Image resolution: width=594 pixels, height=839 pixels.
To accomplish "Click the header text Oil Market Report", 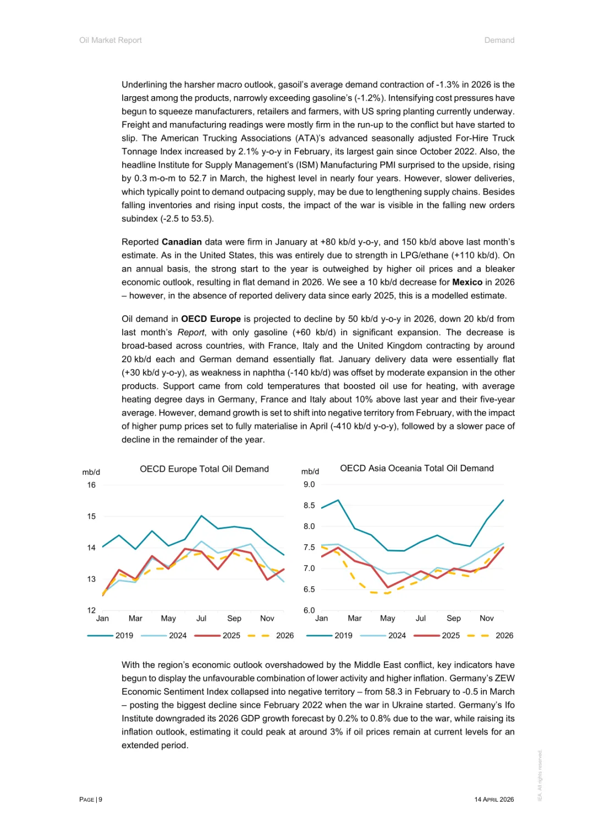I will pyautogui.click(x=111, y=40).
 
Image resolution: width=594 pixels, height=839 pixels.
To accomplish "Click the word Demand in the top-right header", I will pyautogui.click(x=499, y=40).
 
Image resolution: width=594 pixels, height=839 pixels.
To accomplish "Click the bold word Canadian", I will pyautogui.click(x=182, y=242).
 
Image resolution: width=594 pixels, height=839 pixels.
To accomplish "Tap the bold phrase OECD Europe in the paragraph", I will pyautogui.click(x=211, y=319).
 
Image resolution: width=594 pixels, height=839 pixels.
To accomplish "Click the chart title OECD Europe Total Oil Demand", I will pyautogui.click(x=204, y=469).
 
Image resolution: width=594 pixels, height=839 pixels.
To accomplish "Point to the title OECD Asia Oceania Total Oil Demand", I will pyautogui.click(x=416, y=468).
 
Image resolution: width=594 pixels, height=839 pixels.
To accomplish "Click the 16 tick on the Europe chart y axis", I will pyautogui.click(x=91, y=485).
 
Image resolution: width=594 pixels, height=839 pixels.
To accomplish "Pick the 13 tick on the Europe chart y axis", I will pyautogui.click(x=91, y=579).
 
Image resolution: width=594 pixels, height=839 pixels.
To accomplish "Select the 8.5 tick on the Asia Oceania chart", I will pyautogui.click(x=309, y=505).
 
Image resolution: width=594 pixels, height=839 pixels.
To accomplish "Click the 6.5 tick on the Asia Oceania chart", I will pyautogui.click(x=309, y=590).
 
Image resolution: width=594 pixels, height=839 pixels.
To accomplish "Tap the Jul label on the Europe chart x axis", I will pyautogui.click(x=201, y=618).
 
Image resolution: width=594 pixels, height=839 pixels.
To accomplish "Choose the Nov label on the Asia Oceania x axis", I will pyautogui.click(x=487, y=618).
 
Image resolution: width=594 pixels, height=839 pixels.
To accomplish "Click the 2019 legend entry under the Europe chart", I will pyautogui.click(x=124, y=636).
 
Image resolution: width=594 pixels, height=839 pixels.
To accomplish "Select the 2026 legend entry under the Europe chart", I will pyautogui.click(x=284, y=636).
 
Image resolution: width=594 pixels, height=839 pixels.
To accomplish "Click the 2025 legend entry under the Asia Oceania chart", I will pyautogui.click(x=450, y=636).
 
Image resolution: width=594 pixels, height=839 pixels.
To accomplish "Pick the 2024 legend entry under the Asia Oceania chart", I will pyautogui.click(x=397, y=636).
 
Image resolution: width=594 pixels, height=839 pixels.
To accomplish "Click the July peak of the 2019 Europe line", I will pyautogui.click(x=201, y=516).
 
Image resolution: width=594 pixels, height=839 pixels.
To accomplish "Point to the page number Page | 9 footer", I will pyautogui.click(x=91, y=799).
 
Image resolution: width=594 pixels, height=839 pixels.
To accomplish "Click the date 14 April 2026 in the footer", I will pyautogui.click(x=494, y=799).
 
